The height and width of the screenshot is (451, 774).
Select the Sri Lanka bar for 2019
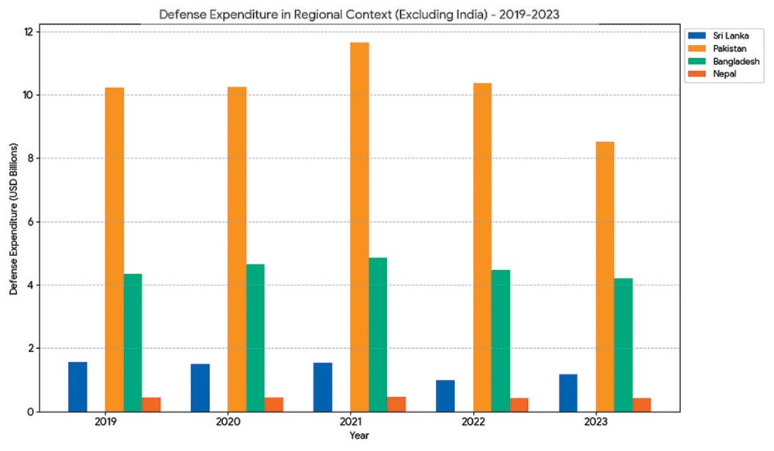tap(77, 387)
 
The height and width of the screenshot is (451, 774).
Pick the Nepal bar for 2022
tap(519, 405)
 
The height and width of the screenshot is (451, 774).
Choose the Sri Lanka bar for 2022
tap(445, 395)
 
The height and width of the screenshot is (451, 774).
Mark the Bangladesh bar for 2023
tap(623, 345)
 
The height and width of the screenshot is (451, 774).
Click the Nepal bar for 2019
tap(151, 405)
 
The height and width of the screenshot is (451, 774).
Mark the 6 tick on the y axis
tap(29, 222)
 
